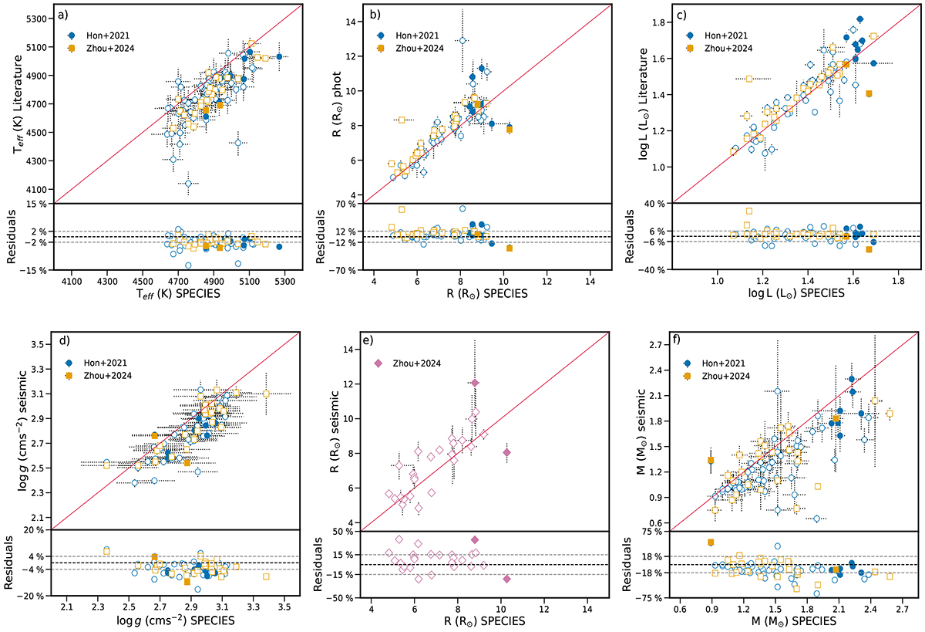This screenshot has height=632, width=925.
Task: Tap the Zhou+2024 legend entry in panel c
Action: [728, 49]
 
